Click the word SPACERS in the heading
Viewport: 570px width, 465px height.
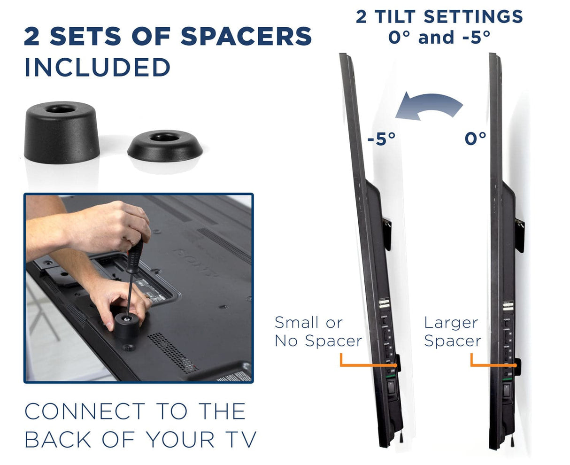pyautogui.click(x=246, y=37)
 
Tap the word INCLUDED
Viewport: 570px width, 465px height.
pyautogui.click(x=97, y=68)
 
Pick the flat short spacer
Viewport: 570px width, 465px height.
pyautogui.click(x=165, y=145)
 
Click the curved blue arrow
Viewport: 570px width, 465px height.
pyautogui.click(x=427, y=105)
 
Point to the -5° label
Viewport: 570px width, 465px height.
pyautogui.click(x=381, y=139)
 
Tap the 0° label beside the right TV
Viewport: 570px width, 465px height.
pyautogui.click(x=475, y=139)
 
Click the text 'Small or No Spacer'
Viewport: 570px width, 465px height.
pyautogui.click(x=318, y=332)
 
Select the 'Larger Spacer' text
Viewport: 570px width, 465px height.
pyautogui.click(x=452, y=332)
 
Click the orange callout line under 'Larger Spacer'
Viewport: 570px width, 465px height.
pyautogui.click(x=488, y=364)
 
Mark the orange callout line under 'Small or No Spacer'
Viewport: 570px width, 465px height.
pyautogui.click(x=362, y=365)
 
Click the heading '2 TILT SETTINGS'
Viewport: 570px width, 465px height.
pyautogui.click(x=439, y=17)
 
